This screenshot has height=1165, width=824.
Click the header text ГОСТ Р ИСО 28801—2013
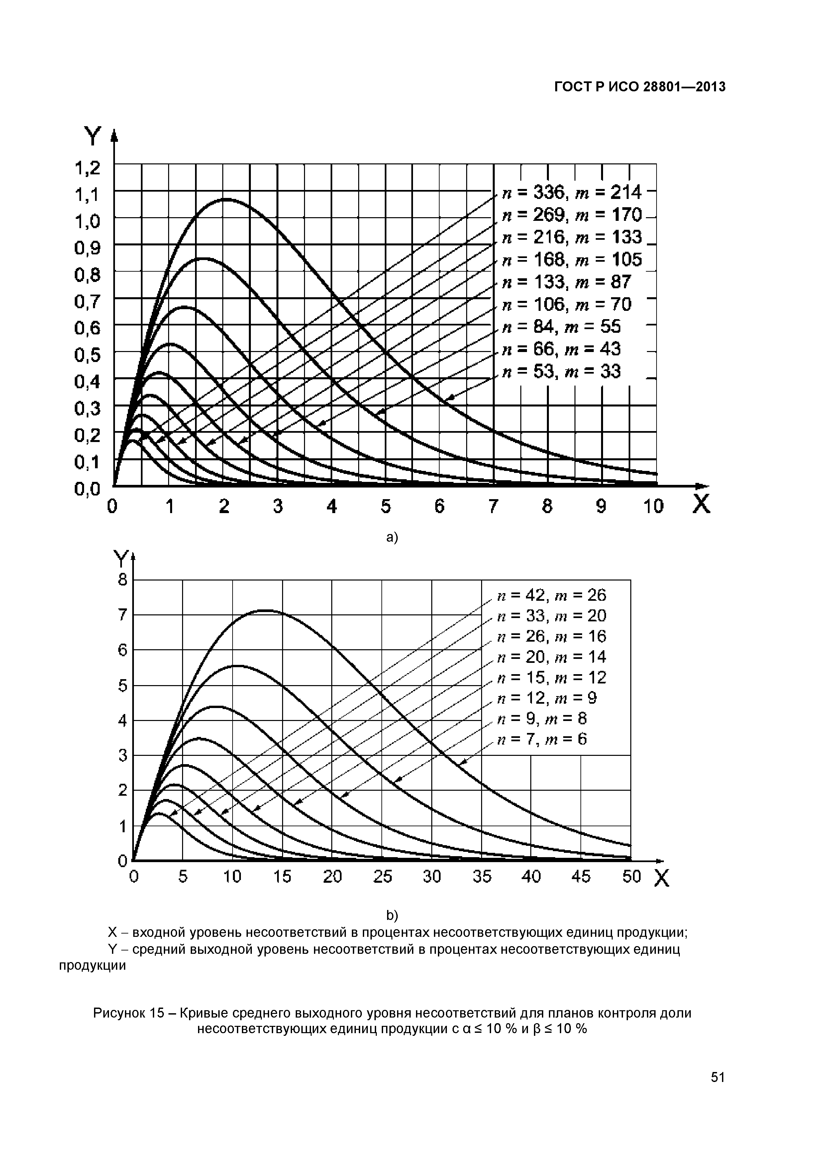point(640,87)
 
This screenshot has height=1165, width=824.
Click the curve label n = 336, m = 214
point(572,193)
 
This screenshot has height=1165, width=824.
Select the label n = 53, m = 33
point(561,372)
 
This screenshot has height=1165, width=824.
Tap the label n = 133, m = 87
point(566,282)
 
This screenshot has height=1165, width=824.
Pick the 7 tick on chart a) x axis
point(493,506)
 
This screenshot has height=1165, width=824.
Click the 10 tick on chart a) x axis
point(654,506)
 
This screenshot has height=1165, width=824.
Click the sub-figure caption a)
point(392,537)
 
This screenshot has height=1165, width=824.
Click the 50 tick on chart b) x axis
point(632,877)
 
